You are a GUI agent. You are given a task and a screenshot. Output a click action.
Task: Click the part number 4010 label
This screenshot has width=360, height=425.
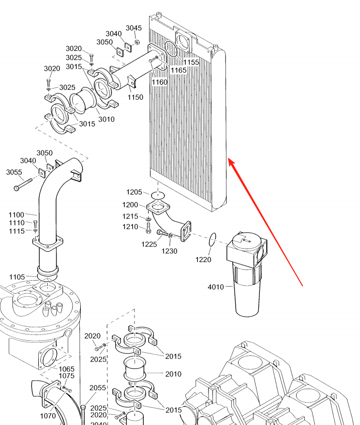point(216,287)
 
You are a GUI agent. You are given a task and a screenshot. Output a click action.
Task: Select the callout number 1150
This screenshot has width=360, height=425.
point(135,97)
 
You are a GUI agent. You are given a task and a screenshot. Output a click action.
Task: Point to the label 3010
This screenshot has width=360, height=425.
point(106,119)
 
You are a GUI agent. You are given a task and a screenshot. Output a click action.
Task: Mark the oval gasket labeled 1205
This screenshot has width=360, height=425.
point(157,195)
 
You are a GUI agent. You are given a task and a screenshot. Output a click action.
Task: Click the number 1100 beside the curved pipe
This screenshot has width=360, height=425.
point(16,214)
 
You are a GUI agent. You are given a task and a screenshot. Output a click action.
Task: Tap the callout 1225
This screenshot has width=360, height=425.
point(149,244)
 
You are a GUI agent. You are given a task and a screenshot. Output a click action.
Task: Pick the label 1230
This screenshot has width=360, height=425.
point(169,251)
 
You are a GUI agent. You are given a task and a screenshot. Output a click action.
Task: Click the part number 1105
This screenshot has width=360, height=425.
point(17,277)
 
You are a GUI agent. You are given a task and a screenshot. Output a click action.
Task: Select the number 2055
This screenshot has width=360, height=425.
point(97,387)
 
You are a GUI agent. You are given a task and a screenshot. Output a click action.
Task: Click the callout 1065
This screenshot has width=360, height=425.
point(66,369)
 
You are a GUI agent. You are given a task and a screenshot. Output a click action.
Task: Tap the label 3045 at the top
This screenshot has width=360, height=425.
point(134,28)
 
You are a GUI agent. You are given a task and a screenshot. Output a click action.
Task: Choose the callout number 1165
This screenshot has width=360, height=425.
point(179,70)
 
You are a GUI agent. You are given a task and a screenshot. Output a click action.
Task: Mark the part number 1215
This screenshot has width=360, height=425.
point(130,216)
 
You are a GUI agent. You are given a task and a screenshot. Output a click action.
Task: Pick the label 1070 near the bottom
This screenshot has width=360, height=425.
point(47,415)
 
